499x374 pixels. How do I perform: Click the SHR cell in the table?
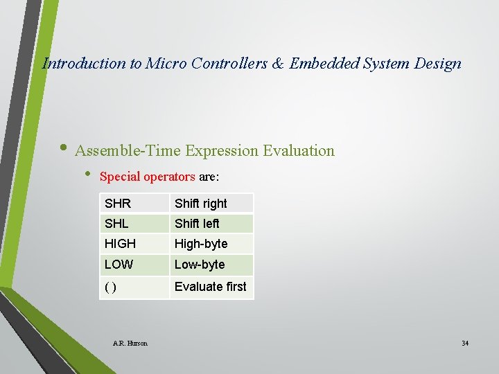[134, 203]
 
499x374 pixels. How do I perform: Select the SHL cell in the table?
[134, 223]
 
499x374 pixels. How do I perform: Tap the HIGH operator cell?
[134, 244]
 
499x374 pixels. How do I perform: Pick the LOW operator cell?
[134, 265]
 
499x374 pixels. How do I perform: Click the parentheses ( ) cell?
[134, 287]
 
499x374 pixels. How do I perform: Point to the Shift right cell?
[211, 203]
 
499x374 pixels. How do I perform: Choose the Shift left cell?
[211, 223]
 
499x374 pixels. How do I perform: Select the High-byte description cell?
[211, 244]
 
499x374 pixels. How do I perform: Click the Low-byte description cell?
[211, 265]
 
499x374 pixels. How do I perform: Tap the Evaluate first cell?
[211, 287]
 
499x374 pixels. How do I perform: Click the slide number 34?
[465, 343]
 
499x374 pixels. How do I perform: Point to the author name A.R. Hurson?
[130, 343]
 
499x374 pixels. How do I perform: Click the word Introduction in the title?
[84, 64]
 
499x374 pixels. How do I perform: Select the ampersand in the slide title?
[277, 64]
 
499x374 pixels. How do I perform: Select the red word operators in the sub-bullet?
[170, 177]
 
